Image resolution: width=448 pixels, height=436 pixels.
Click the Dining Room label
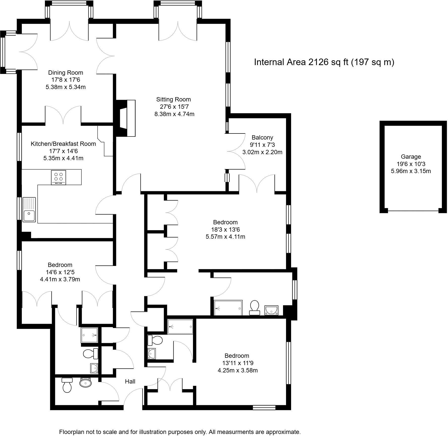point(66,73)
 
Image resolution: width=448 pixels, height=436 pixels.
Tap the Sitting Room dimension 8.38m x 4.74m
point(174,114)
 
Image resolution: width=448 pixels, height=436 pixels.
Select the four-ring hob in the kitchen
point(59,177)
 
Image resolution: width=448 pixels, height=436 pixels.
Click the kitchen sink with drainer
point(29,209)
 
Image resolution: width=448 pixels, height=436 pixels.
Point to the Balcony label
point(262,138)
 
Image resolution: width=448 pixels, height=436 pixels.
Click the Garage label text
point(411,157)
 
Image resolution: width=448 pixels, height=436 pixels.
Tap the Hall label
point(130,381)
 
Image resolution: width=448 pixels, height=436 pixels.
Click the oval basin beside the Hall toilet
point(86,383)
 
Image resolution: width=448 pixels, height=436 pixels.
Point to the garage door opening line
point(413,211)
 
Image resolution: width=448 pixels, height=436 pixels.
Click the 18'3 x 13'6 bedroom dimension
point(225,230)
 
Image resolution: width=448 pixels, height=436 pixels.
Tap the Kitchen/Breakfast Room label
point(63,144)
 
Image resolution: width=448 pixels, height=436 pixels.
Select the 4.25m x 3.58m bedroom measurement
point(237,370)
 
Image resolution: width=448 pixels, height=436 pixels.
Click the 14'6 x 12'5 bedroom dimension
point(60,272)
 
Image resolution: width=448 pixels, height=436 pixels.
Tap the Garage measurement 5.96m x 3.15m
point(411,171)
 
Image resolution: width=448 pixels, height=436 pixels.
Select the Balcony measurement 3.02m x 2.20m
point(262,152)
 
